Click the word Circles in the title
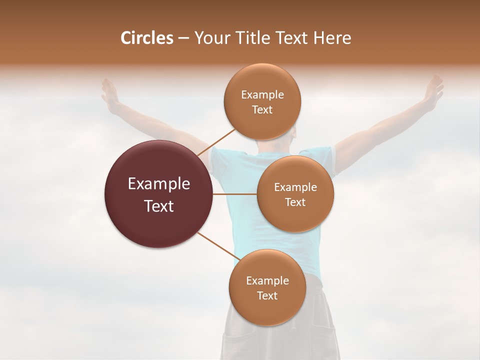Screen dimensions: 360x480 click(147, 38)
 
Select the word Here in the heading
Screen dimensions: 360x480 click(332, 38)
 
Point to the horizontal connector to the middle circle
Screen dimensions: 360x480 click(234, 194)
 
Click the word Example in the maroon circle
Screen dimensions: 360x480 click(158, 184)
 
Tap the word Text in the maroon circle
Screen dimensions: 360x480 click(158, 206)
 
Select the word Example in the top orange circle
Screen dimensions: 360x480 click(262, 94)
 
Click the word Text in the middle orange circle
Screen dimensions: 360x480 click(295, 202)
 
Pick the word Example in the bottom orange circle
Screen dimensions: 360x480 click(267, 280)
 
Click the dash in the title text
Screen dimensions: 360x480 click(183, 38)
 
